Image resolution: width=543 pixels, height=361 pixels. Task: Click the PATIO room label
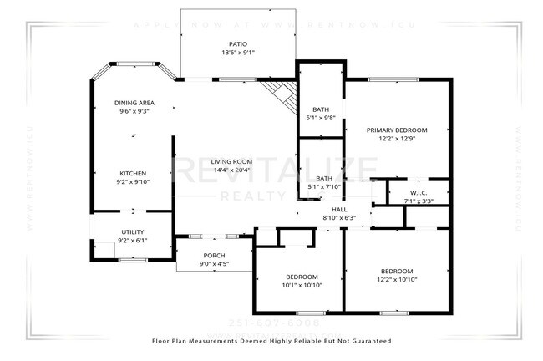tap(238, 43)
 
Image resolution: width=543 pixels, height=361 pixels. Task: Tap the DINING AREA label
tap(134, 103)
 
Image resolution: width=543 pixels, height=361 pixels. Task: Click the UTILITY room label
tap(133, 231)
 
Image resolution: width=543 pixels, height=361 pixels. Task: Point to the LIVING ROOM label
tap(231, 161)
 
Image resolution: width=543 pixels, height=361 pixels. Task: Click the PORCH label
tap(215, 255)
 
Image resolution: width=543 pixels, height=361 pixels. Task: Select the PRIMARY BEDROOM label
tap(397, 130)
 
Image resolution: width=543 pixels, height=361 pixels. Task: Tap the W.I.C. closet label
tap(419, 191)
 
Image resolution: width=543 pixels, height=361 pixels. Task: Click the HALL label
tap(338, 209)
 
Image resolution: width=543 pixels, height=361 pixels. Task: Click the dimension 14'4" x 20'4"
tap(231, 170)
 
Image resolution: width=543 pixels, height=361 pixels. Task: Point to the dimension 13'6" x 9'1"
tap(238, 52)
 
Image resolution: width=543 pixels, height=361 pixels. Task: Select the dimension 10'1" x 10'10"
tap(302, 286)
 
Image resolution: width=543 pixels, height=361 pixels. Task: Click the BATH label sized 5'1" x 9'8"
tap(321, 109)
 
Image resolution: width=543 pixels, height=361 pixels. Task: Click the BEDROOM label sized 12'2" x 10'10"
tap(397, 271)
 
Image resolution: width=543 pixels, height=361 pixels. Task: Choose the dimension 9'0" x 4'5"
tap(215, 264)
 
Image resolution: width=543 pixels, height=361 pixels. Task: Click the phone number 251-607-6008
tap(273, 322)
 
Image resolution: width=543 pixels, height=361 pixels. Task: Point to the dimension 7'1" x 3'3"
tap(419, 201)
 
